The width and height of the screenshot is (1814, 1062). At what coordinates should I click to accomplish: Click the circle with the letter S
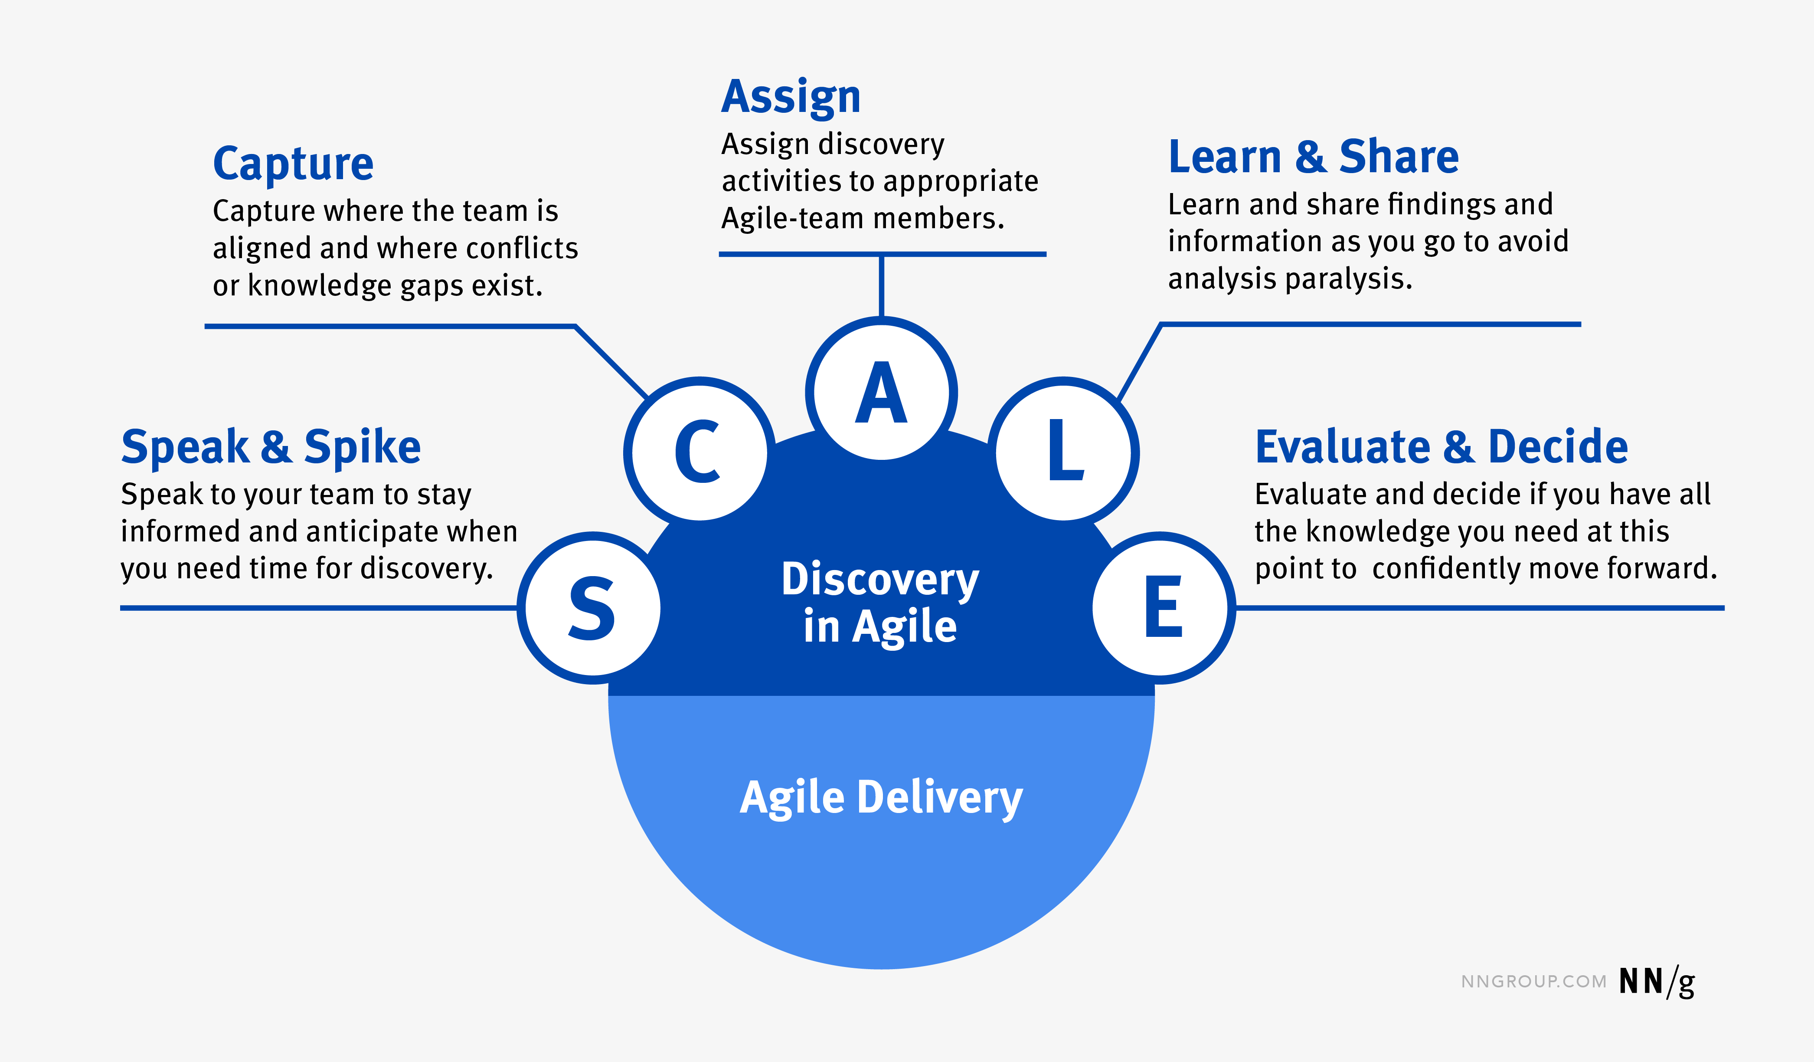pos(592,608)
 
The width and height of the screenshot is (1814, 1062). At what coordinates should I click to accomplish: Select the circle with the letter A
pos(881,393)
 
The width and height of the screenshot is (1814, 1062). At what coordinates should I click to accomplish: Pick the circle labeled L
pos(1064,452)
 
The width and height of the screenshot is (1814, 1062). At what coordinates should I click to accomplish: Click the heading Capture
pos(293,164)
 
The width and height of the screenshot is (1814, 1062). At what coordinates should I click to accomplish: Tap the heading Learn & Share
pos(1313,157)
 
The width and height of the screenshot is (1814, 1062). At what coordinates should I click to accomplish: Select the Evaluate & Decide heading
pos(1441,447)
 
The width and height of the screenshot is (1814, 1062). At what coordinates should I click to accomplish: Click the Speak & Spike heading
pos(271,447)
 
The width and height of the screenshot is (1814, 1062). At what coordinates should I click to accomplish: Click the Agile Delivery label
pos(881,798)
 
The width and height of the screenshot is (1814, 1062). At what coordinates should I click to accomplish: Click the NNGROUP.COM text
pos(1533,982)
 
